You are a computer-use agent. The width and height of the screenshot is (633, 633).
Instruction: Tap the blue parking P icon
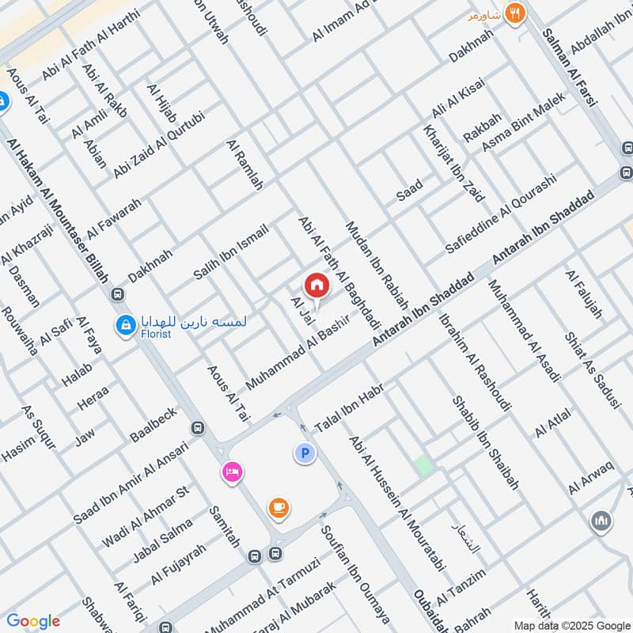point(305,453)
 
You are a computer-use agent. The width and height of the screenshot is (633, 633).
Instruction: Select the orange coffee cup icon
point(278,507)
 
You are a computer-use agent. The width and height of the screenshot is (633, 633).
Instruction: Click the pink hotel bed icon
point(233,472)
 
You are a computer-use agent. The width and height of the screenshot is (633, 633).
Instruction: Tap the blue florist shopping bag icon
point(125,324)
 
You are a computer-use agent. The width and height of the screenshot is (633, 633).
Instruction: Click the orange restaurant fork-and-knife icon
point(516,13)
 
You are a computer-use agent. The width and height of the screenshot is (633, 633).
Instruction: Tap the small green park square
point(424,465)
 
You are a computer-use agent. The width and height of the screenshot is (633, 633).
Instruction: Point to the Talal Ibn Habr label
point(349,409)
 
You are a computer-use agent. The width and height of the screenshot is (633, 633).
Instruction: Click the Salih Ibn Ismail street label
point(231,252)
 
